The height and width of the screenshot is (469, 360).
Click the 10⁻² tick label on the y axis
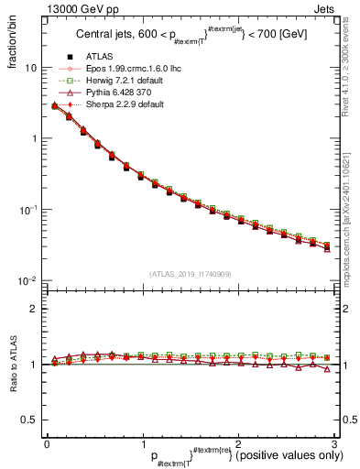(x=28, y=280)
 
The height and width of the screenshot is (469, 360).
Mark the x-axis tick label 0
(x=47, y=443)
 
